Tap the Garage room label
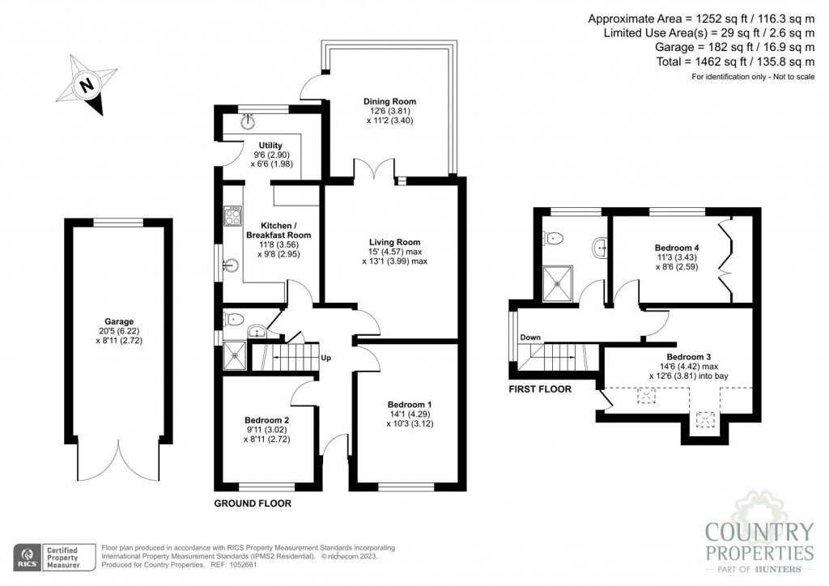click(118, 321)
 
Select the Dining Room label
click(389, 101)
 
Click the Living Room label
click(394, 242)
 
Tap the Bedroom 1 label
click(409, 405)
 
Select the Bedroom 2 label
click(266, 420)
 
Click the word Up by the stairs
click(325, 357)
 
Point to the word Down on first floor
click(530, 338)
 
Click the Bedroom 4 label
click(676, 248)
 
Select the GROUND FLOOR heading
click(252, 503)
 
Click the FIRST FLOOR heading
click(540, 389)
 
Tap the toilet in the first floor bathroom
click(554, 237)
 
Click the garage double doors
click(118, 461)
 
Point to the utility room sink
click(248, 121)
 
